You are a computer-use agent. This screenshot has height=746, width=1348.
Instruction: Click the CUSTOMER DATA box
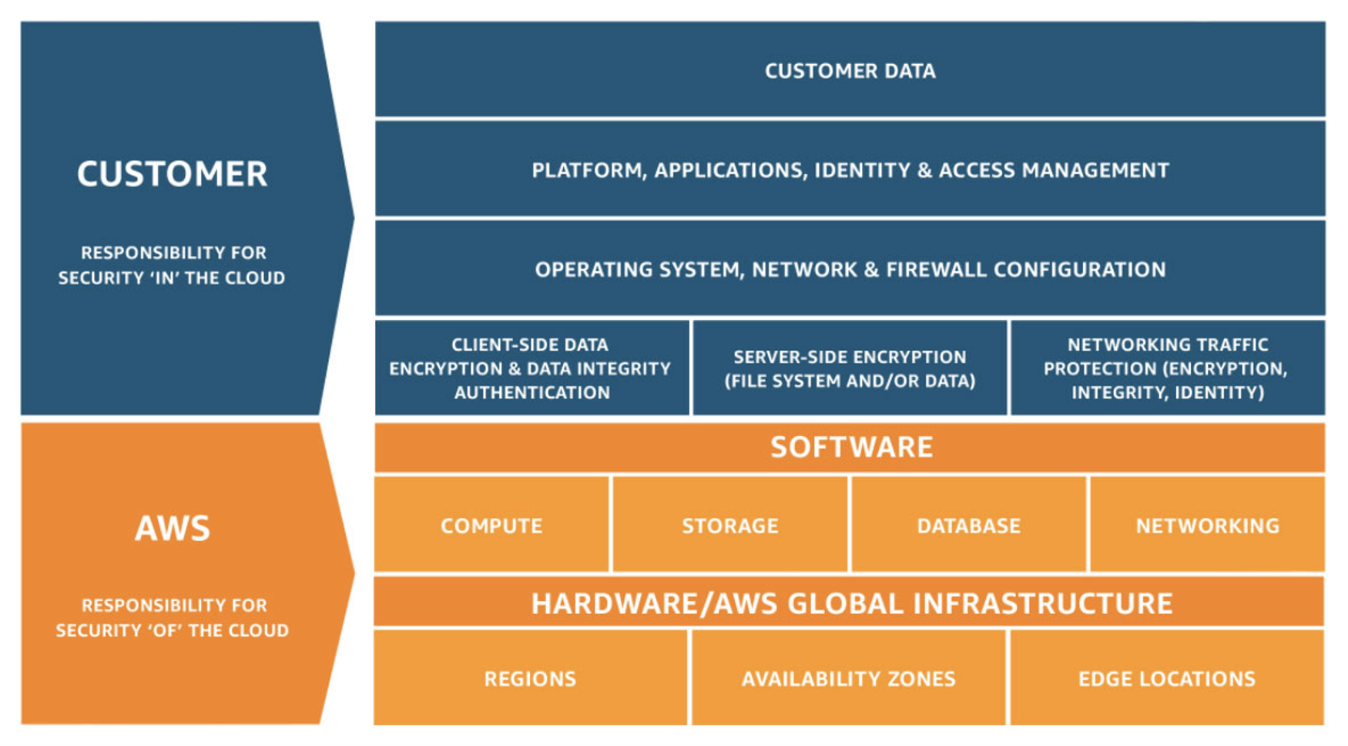pyautogui.click(x=850, y=70)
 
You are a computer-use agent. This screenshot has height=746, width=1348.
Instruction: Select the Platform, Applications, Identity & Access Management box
pyautogui.click(x=850, y=170)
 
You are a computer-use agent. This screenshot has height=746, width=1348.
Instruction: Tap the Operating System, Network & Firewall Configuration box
pyautogui.click(x=850, y=269)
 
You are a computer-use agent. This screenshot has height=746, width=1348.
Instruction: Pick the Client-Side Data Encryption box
pyautogui.click(x=531, y=368)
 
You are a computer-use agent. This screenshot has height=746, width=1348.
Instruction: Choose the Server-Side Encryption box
pyautogui.click(x=850, y=368)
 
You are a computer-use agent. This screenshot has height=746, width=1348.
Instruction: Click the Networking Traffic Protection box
pyautogui.click(x=1166, y=368)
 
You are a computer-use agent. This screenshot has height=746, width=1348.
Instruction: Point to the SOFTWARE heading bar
pyautogui.click(x=850, y=447)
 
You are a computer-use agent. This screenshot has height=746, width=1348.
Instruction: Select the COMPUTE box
pyautogui.click(x=491, y=526)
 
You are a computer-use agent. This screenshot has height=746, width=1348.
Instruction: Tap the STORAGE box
pyautogui.click(x=729, y=526)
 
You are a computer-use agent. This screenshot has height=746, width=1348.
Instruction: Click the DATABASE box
pyautogui.click(x=968, y=526)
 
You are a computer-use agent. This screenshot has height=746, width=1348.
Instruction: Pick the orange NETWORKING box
pyautogui.click(x=1207, y=526)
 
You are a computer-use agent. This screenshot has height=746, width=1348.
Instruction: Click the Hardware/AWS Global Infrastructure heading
pyautogui.click(x=850, y=603)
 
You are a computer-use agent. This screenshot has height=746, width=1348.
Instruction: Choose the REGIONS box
pyautogui.click(x=530, y=678)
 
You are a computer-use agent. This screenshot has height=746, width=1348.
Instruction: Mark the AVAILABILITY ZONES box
pyautogui.click(x=848, y=678)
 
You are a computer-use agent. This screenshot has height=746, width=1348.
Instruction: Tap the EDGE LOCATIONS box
pyautogui.click(x=1166, y=678)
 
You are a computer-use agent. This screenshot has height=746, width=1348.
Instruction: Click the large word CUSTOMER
pyautogui.click(x=172, y=174)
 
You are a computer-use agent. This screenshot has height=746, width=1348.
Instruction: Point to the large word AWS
pyautogui.click(x=172, y=529)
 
